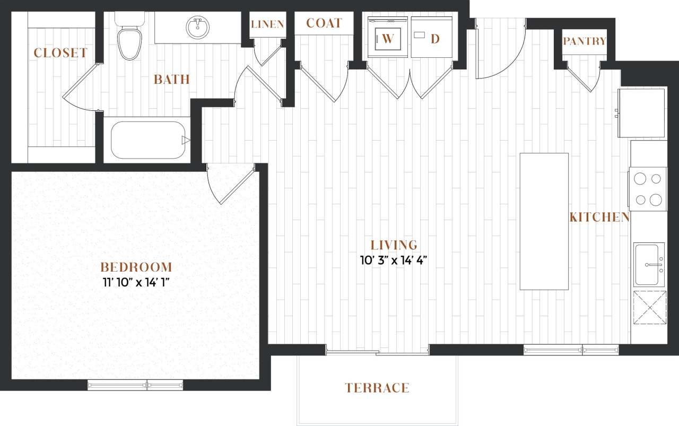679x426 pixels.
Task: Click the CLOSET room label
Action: [60, 53]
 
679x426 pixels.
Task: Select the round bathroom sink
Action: [198, 28]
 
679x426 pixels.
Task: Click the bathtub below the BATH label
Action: [148, 140]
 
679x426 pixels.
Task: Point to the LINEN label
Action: [267, 24]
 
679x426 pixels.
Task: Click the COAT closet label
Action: [324, 24]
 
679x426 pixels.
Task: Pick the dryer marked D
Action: [431, 38]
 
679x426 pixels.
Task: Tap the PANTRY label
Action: [584, 41]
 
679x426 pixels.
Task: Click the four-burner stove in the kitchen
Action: [648, 189]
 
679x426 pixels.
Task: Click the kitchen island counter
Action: [544, 221]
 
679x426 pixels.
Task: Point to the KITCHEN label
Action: [599, 217]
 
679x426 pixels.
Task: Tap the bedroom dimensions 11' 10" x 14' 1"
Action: [136, 282]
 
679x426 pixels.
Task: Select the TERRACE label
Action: [377, 388]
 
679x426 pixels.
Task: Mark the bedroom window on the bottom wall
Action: [135, 385]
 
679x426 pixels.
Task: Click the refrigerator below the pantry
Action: [642, 112]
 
